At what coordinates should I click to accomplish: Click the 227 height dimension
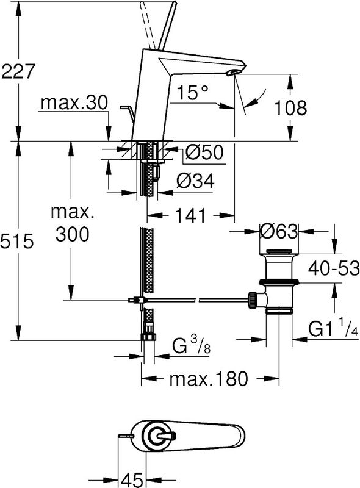[18, 71]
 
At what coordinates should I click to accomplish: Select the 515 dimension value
[17, 241]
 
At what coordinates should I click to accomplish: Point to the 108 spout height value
[290, 108]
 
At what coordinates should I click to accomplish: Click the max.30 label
[74, 102]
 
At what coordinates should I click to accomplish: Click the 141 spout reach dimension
[190, 215]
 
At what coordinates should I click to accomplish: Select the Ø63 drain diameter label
[279, 231]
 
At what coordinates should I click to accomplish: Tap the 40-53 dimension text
[334, 268]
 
